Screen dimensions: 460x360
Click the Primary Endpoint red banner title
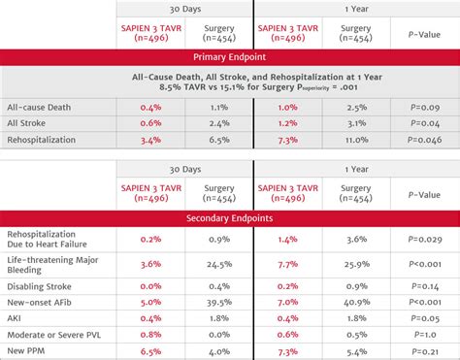(229, 57)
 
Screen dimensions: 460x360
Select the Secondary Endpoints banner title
(229, 218)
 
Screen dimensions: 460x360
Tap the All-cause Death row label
(39, 108)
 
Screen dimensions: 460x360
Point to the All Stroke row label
(26, 123)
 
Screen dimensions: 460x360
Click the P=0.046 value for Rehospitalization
(424, 140)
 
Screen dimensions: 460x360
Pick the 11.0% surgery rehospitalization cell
(356, 140)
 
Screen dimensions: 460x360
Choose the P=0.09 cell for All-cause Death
(425, 108)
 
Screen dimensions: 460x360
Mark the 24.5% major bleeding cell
(219, 264)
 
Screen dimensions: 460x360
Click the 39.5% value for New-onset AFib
(219, 303)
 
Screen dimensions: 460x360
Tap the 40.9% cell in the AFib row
(356, 303)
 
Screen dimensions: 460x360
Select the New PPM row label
(26, 351)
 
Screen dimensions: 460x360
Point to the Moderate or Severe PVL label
(53, 335)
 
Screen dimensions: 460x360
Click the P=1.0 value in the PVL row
(425, 335)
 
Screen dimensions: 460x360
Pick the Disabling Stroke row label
(39, 286)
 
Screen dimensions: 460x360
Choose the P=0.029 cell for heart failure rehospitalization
(425, 240)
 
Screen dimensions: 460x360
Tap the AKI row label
(14, 318)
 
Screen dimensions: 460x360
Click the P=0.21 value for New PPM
(425, 351)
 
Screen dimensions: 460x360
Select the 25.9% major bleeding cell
(356, 264)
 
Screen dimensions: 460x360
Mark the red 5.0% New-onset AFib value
(150, 303)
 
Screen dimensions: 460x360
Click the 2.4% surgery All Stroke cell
(219, 123)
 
